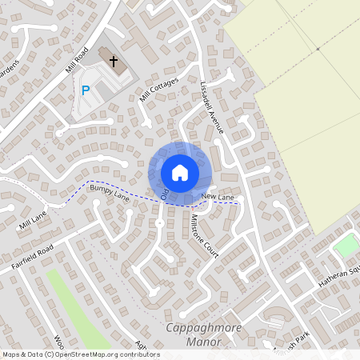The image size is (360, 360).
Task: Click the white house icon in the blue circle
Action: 180,172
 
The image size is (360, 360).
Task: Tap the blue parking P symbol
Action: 86,90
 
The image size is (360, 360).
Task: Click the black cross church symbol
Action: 114,61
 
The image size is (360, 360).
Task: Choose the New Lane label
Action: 218,197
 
